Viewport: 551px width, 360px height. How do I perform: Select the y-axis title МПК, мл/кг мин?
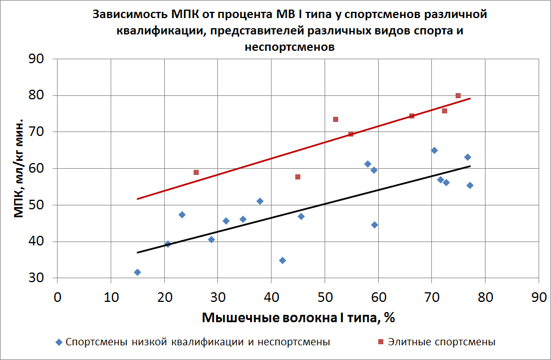coord(19,169)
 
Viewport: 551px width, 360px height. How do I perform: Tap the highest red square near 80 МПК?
coord(458,95)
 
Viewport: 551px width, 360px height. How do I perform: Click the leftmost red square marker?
coord(196,172)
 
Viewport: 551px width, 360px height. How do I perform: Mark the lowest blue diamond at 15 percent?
coord(137,272)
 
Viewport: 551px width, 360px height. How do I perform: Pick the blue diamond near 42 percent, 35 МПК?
coord(282,260)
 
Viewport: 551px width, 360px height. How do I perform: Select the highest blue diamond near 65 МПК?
coord(434,150)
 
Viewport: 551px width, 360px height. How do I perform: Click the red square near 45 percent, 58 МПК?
coord(298,177)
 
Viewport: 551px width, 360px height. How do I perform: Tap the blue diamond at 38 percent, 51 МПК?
coord(260,201)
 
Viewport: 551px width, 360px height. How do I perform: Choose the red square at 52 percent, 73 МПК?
coord(335,119)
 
